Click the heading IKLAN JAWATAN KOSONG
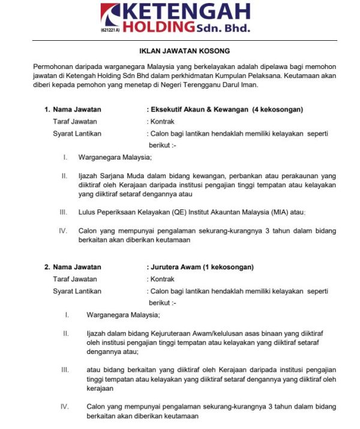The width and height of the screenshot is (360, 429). tap(181, 51)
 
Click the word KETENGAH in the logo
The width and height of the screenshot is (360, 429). tap(190, 11)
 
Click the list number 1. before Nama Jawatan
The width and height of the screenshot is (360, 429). tap(47, 110)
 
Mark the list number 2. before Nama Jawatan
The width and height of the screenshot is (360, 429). tap(47, 267)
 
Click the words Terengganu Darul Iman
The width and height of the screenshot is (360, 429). tap(222, 85)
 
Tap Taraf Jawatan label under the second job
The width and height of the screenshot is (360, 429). tap(75, 279)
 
